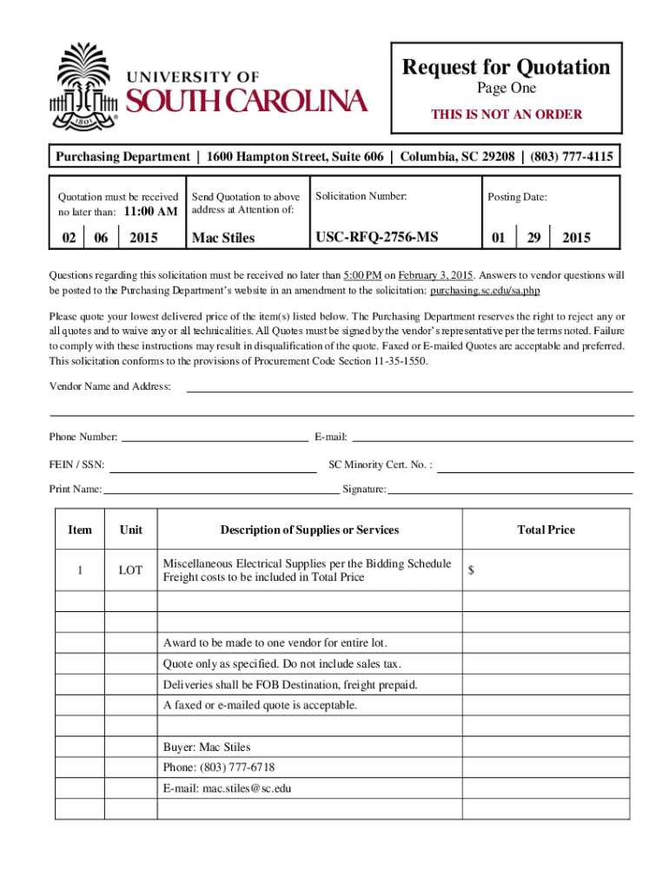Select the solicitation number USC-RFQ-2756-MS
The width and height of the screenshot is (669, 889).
pos(377,237)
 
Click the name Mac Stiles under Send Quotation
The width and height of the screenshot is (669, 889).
pos(223,237)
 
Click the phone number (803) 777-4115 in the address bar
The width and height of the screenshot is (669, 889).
pos(572,157)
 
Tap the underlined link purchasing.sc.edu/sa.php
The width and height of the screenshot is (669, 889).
pos(491,290)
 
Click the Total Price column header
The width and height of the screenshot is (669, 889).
pos(546,530)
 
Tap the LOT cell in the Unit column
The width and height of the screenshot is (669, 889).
pos(130,570)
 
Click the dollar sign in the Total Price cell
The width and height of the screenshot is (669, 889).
pos(472,570)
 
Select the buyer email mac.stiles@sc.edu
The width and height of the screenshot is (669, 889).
pos(227,788)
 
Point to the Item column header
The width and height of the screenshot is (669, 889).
pos(79,530)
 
